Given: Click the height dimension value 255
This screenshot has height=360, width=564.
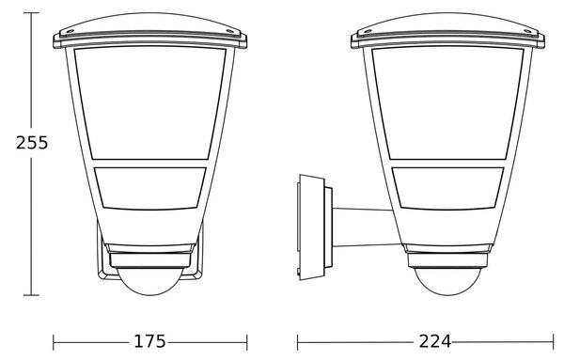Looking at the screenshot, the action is pos(32,143).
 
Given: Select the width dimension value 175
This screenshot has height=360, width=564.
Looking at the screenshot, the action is pos(150,341).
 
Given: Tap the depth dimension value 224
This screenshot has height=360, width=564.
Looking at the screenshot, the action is pos(434,341).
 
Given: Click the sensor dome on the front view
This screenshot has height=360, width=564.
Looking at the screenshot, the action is pos(150,282).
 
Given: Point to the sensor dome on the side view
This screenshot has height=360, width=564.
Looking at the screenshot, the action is pos(447,282).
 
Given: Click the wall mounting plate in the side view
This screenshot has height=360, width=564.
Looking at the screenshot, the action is pos(311,227).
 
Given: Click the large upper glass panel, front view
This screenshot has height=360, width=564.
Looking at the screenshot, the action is pos(150,103).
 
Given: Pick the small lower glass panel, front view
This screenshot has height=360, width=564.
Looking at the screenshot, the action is pos(150,188).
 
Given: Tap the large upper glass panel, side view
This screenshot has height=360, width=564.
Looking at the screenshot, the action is pos(447,103).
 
